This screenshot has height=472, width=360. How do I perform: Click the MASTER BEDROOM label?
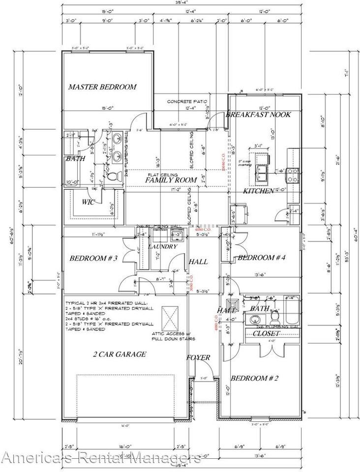tap(102, 87)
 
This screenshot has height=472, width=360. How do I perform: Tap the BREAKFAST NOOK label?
tap(258, 115)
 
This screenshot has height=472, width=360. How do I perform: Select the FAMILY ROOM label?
tap(171, 180)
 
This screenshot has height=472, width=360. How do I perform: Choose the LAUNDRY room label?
tap(162, 246)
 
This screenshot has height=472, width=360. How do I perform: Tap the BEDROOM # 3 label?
tap(93, 258)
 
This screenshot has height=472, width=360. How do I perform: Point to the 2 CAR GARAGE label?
tap(120, 354)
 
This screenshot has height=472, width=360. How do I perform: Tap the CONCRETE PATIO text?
tap(182, 101)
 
